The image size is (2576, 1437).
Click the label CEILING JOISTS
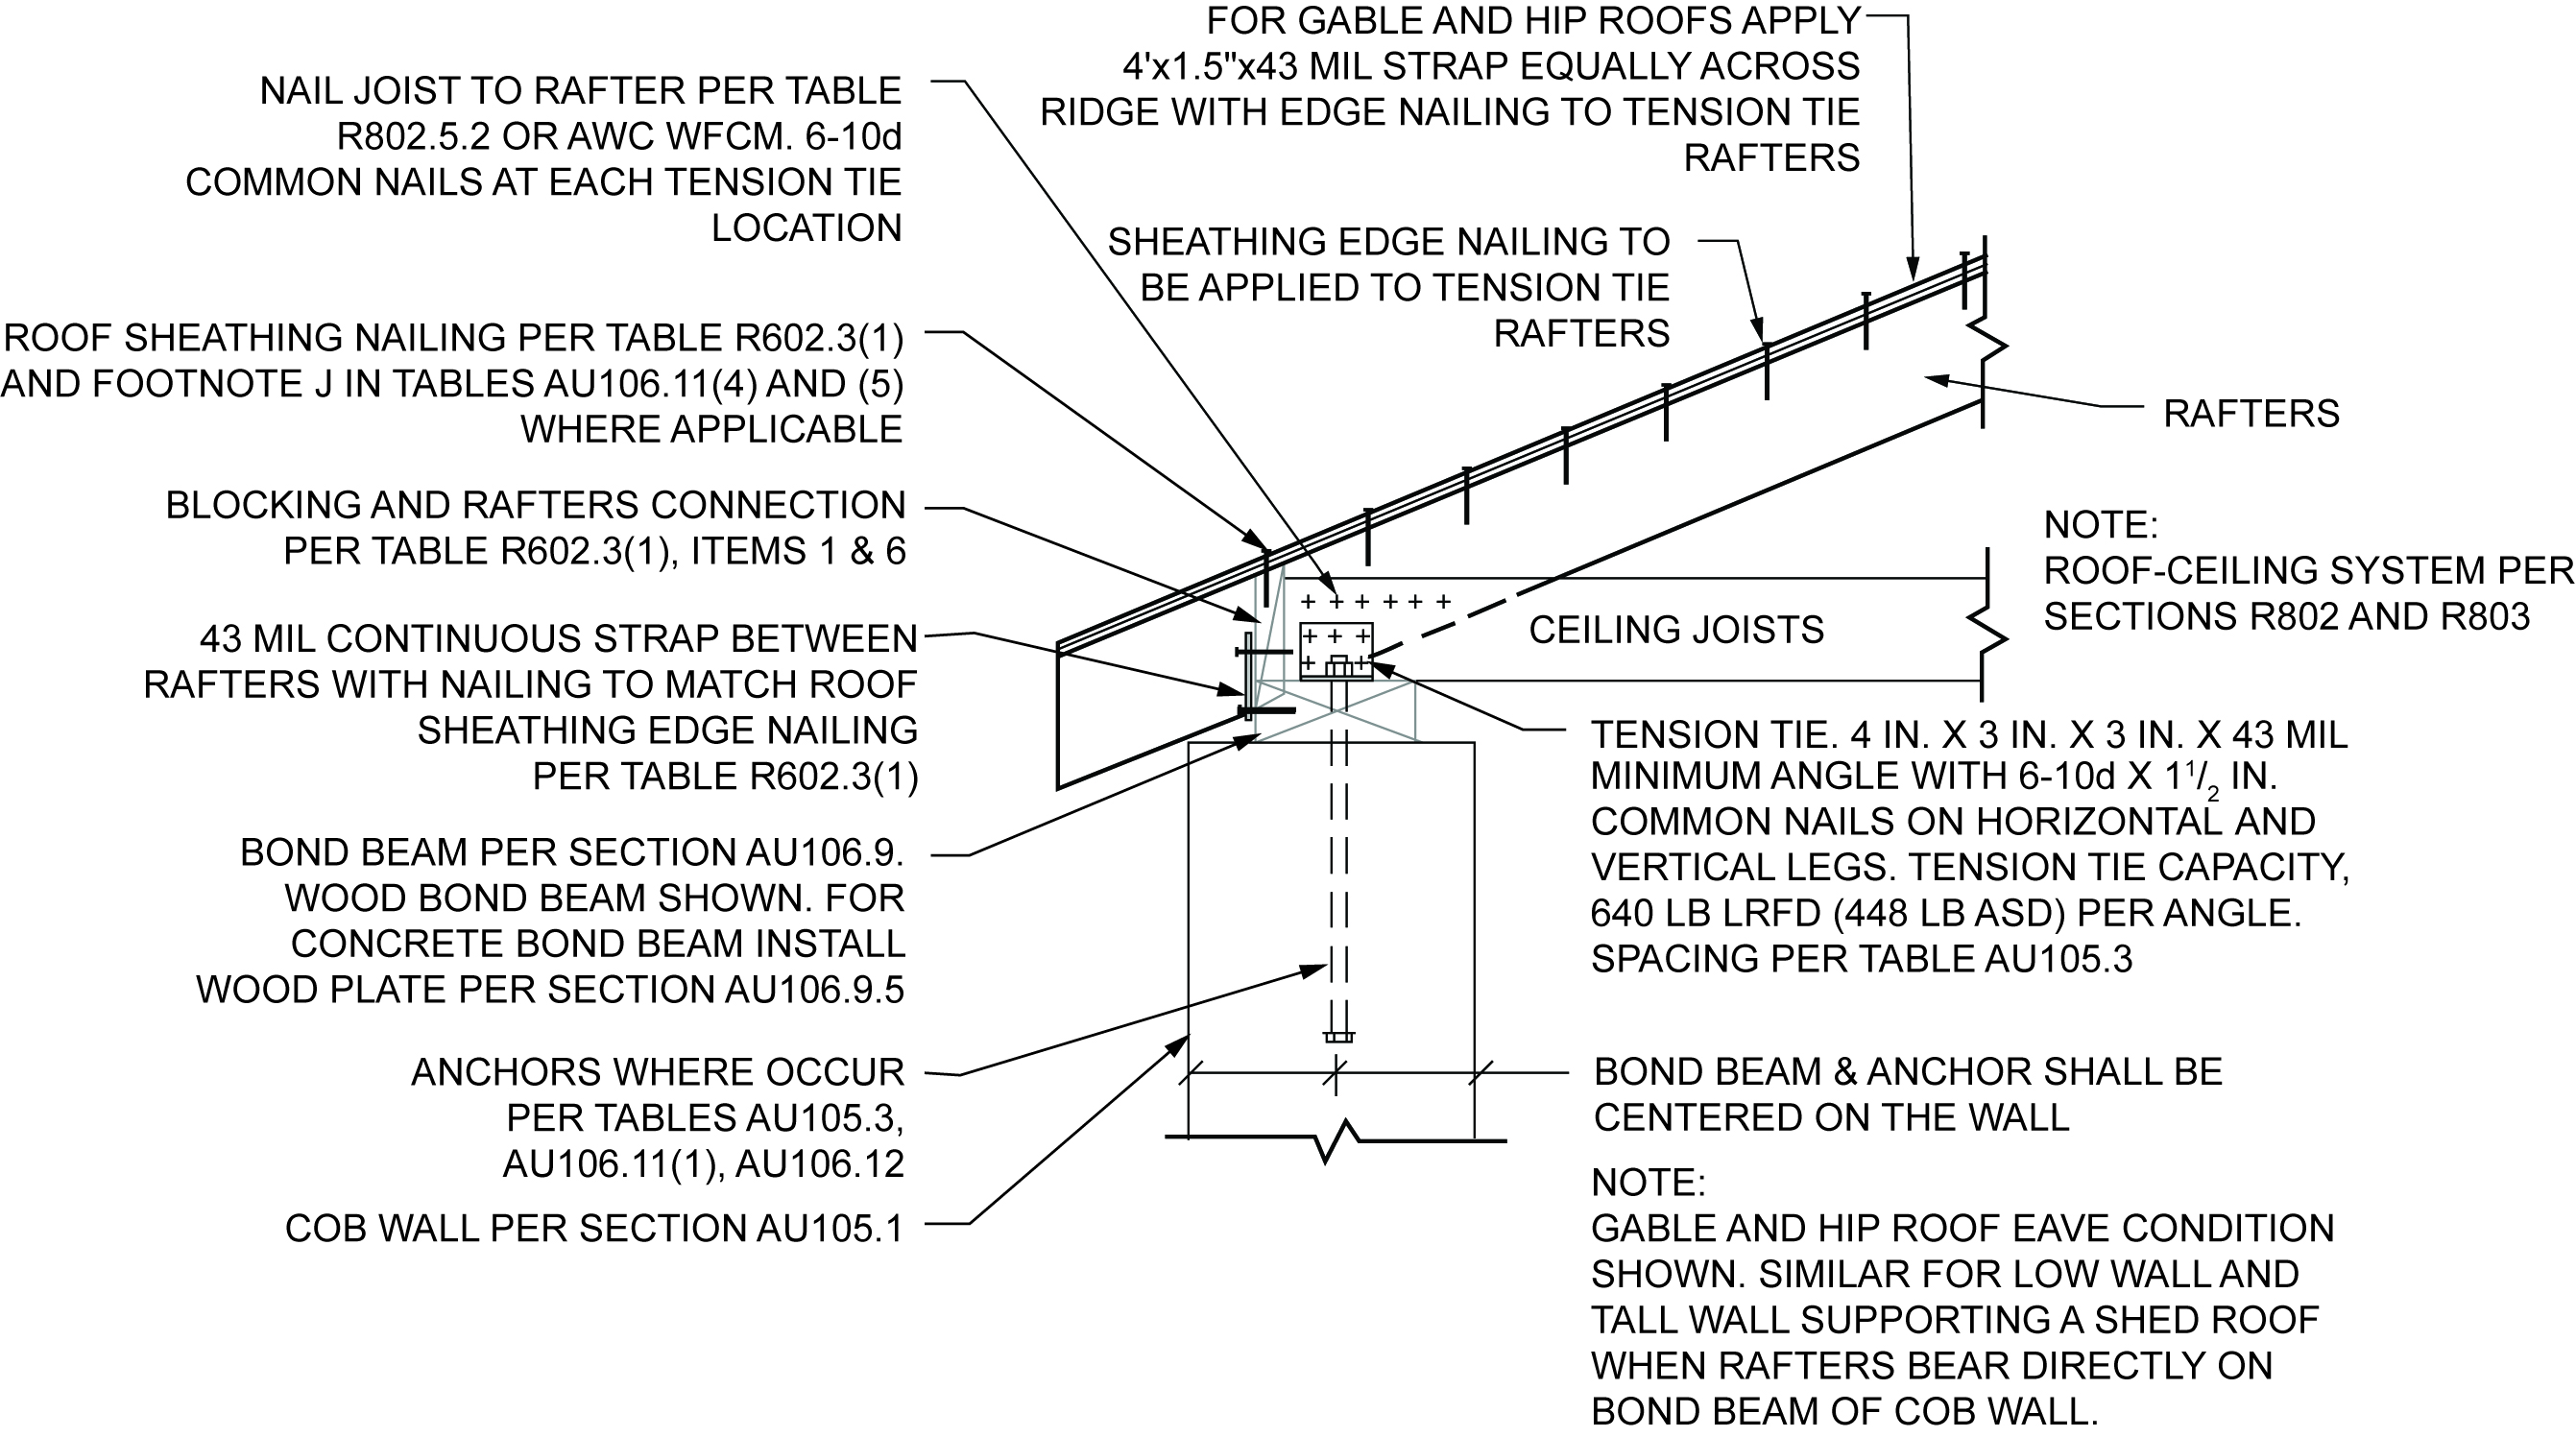pyautogui.click(x=1676, y=630)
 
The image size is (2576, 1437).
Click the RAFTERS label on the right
pyautogui.click(x=2251, y=413)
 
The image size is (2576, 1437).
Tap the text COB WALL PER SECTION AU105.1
pyautogui.click(x=593, y=1228)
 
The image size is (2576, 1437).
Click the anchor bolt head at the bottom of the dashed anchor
pyautogui.click(x=1338, y=1036)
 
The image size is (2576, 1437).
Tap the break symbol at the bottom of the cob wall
pyautogui.click(x=1338, y=1142)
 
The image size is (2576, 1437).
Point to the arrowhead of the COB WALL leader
pyautogui.click(x=1181, y=1043)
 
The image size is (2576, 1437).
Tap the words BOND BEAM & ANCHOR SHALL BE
pyautogui.click(x=1907, y=1071)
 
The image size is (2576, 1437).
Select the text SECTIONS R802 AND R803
pyautogui.click(x=2286, y=617)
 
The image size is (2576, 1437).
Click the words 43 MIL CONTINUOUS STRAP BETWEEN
pyautogui.click(x=558, y=639)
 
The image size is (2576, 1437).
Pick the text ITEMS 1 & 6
pyautogui.click(x=798, y=551)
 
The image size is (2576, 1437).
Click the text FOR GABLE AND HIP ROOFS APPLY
pyautogui.click(x=1533, y=20)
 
